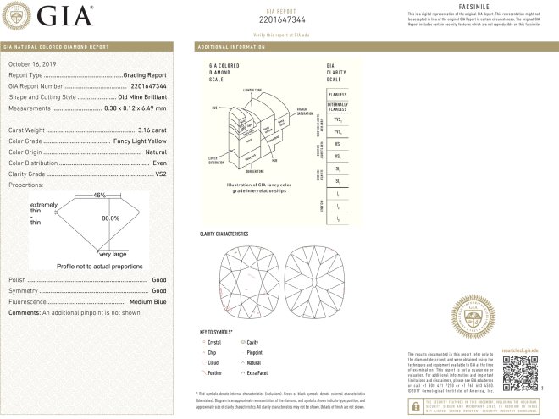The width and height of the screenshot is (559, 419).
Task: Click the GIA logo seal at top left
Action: [x=20, y=15]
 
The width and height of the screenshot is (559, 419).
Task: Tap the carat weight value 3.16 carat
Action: [x=153, y=130]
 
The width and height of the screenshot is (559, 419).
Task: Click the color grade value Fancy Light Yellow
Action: [x=141, y=141]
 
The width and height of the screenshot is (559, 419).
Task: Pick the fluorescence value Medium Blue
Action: [x=150, y=301]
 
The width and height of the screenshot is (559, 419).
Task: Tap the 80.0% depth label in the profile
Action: [x=109, y=217]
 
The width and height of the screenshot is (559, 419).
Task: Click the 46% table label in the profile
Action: [x=99, y=196]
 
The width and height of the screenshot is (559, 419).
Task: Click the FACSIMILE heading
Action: [x=479, y=6]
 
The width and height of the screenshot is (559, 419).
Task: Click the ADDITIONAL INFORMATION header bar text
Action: [x=232, y=47]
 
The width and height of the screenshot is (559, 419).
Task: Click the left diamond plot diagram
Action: [x=246, y=278]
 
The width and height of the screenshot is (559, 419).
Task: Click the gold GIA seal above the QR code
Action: [x=473, y=317]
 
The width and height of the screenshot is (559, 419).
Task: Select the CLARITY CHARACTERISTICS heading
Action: [x=224, y=233]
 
